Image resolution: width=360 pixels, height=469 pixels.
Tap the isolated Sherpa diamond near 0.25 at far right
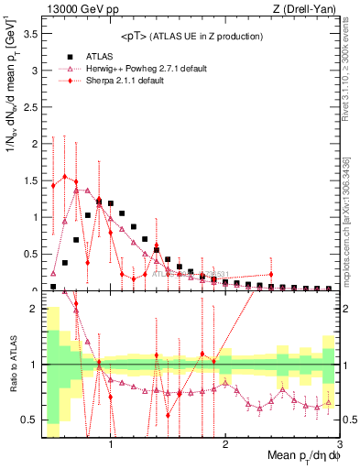coord(271,274)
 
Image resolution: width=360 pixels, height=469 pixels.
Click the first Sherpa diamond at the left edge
coord(53,185)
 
